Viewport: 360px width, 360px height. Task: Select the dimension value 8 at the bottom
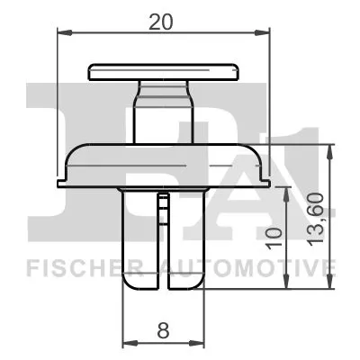(x=162, y=330)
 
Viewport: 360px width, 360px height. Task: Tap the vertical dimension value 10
(x=276, y=238)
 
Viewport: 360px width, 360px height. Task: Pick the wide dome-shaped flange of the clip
(x=162, y=162)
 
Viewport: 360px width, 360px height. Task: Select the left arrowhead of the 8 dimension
(x=126, y=343)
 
